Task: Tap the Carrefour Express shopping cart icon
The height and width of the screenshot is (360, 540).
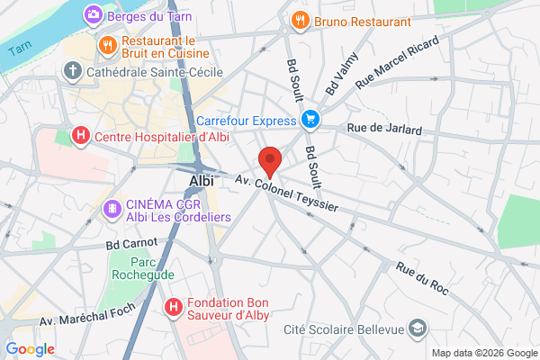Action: (x=310, y=119)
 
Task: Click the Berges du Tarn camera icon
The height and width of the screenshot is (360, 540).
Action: (x=93, y=15)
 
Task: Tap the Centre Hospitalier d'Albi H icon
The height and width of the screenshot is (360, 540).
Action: (x=80, y=137)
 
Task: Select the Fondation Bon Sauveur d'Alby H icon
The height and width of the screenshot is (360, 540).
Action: (x=174, y=308)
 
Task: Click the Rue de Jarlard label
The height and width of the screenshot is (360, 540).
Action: (x=384, y=130)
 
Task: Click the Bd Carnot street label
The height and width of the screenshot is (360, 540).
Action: (x=131, y=243)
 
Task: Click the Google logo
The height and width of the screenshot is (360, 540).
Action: (x=30, y=349)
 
